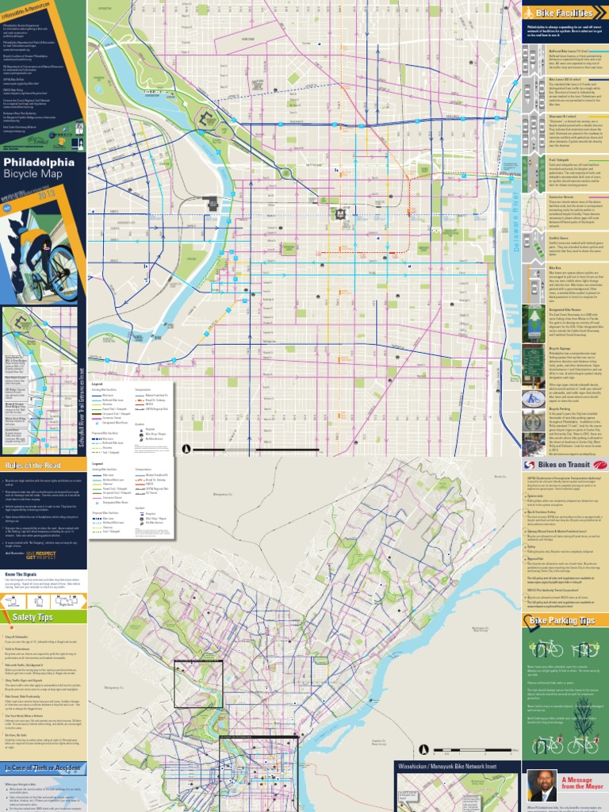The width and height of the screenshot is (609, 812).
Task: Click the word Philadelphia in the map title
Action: [x=39, y=163]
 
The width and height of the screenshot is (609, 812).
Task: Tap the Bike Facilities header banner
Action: [x=564, y=13]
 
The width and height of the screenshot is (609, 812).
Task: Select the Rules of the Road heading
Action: [x=35, y=465]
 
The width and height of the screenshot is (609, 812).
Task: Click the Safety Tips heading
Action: [x=33, y=616]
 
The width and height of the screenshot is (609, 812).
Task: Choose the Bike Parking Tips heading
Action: [x=565, y=620]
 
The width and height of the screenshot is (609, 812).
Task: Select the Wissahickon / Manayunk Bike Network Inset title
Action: [x=458, y=766]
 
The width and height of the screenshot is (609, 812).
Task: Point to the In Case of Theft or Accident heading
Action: [x=41, y=768]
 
